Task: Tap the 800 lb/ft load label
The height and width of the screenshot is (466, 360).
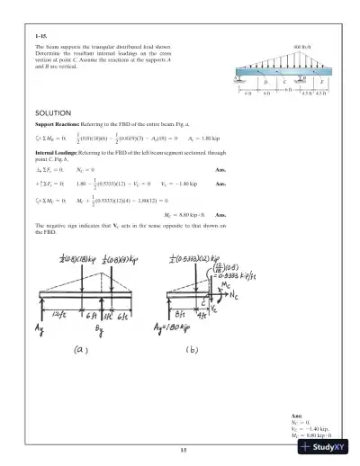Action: [x=302, y=44]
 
